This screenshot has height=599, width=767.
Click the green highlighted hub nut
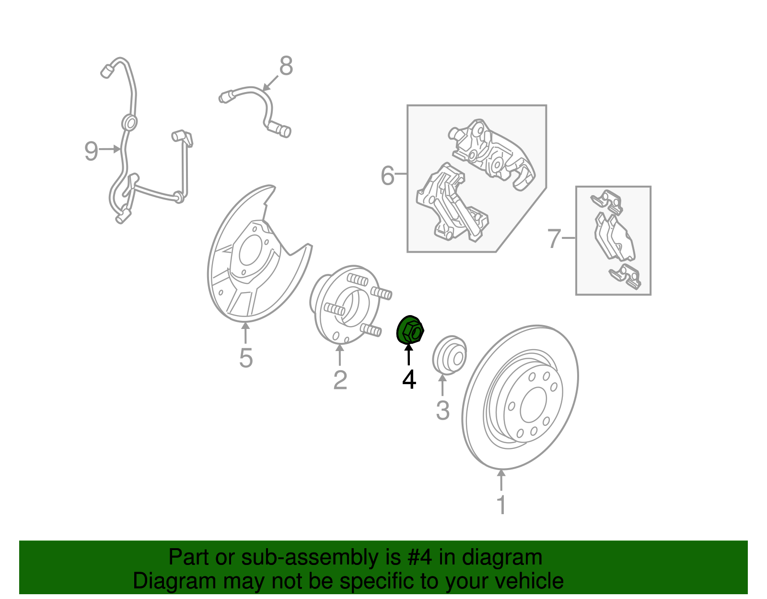pos(410,329)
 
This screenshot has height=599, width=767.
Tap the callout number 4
pos(409,379)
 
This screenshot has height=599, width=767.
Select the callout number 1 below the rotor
pos(501,505)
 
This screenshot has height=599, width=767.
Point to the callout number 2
pos(340,380)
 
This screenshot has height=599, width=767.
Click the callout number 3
pos(442,411)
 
